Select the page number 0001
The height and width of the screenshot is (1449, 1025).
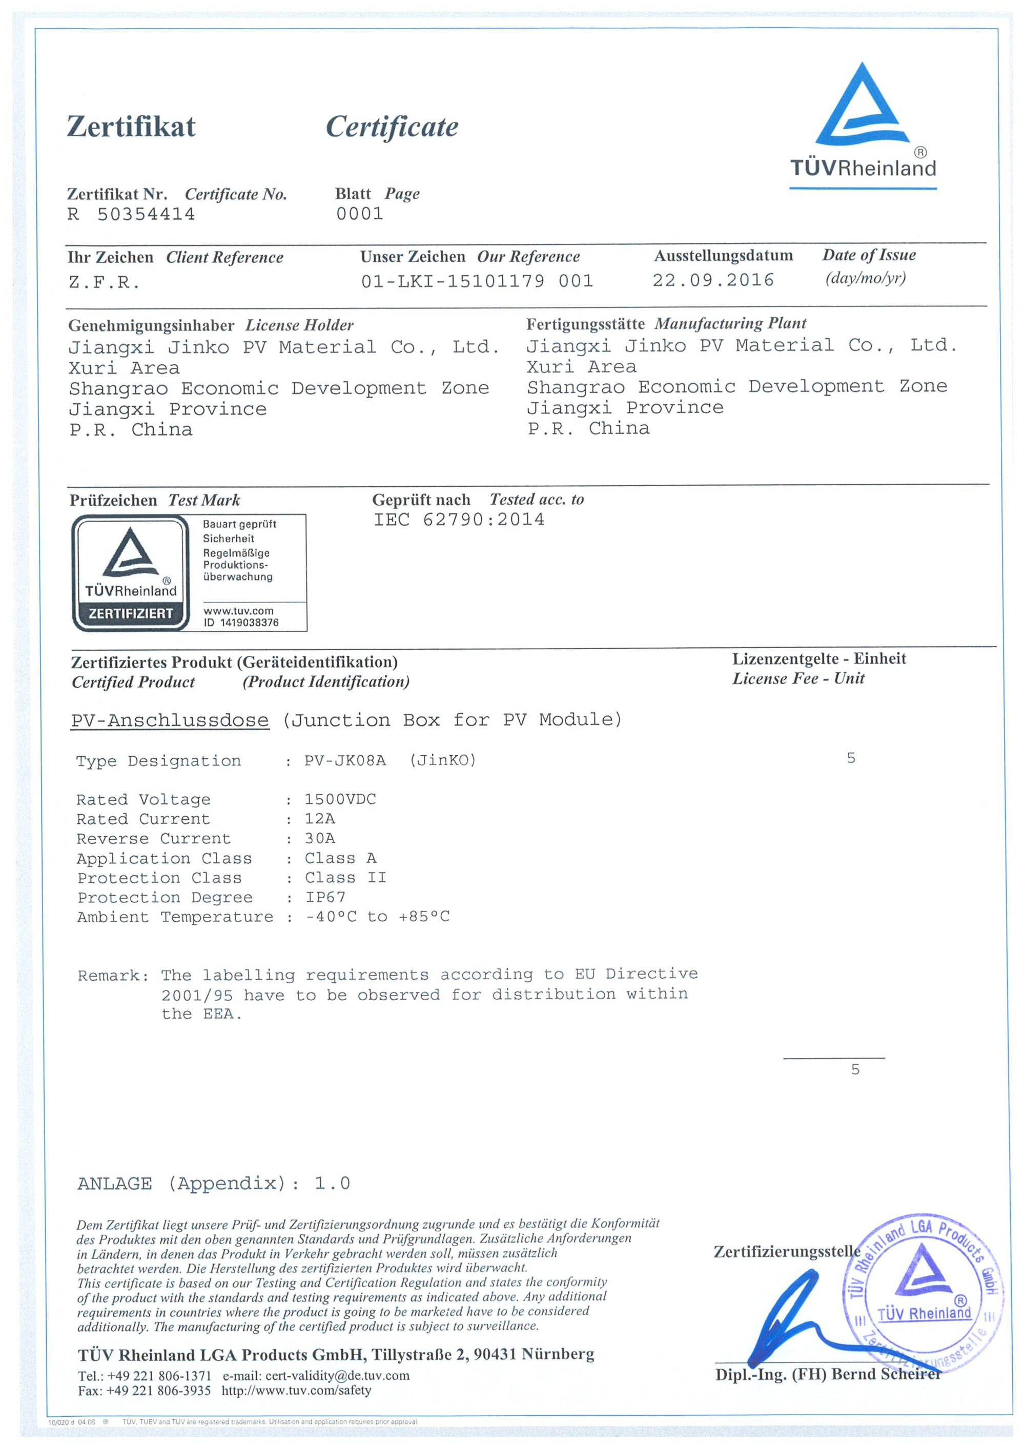[x=359, y=214]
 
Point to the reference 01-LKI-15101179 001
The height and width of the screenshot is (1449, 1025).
[x=477, y=281]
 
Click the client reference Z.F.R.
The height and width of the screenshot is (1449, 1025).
[x=104, y=282]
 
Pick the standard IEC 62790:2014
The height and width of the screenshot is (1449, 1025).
[x=459, y=520]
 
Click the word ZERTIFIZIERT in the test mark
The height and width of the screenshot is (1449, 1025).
[x=131, y=613]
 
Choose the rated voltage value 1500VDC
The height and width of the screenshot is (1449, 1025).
[x=340, y=800]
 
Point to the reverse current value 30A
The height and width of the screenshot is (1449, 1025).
[x=320, y=839]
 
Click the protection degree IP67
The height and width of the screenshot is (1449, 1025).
[x=325, y=897]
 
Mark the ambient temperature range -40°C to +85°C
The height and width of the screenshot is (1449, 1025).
[x=377, y=917]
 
